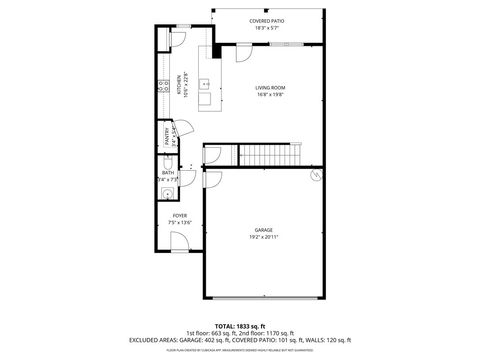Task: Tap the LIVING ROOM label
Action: coord(271,88)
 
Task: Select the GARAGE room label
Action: coord(264,230)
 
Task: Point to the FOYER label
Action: coord(180,215)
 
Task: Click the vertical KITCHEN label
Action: coord(179,82)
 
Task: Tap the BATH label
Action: coord(167,173)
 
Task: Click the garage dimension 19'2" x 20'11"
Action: coord(264,238)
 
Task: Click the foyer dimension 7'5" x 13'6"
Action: coord(180,223)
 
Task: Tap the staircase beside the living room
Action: coord(269,155)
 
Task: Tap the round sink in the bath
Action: coord(168,190)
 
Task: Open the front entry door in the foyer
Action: coord(177,240)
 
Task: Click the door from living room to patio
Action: coord(240,58)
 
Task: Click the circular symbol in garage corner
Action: coord(316,174)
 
